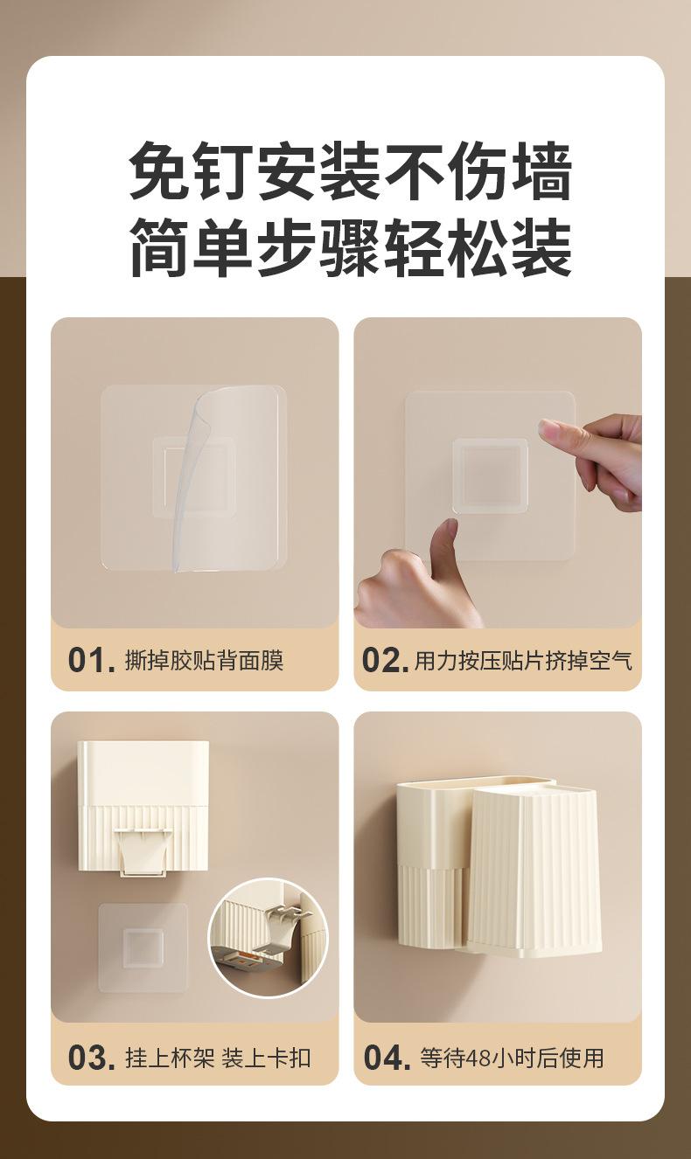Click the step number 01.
coord(91,661)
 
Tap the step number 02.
coord(385,661)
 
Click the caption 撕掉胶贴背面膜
coord(204,661)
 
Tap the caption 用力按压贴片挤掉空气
coord(523,661)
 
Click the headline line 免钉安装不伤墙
coord(350,171)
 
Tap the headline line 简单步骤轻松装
coord(350,246)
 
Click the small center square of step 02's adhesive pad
coord(490,476)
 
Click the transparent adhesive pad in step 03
coord(143,947)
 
